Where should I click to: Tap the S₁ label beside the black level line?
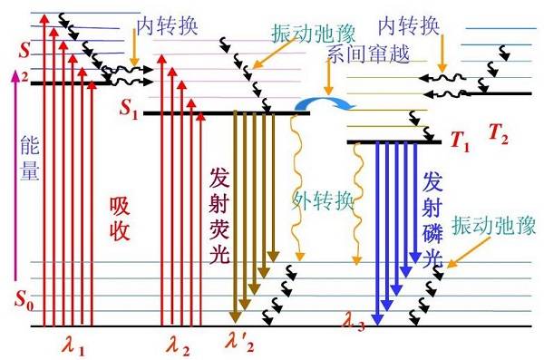click(x=129, y=108)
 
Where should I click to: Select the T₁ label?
click(x=460, y=141)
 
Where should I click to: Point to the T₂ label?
click(x=498, y=133)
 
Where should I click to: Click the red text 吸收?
click(x=120, y=219)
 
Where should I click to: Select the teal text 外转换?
click(x=322, y=200)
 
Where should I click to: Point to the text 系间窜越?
click(x=368, y=54)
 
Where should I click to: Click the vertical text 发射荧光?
click(x=219, y=216)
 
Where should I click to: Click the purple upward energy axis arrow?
click(x=15, y=175)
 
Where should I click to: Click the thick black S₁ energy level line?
click(x=227, y=112)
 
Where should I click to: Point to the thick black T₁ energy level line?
click(x=394, y=142)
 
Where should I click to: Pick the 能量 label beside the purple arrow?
click(x=30, y=158)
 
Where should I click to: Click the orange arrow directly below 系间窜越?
click(x=328, y=77)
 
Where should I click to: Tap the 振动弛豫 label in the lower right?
click(x=494, y=226)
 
